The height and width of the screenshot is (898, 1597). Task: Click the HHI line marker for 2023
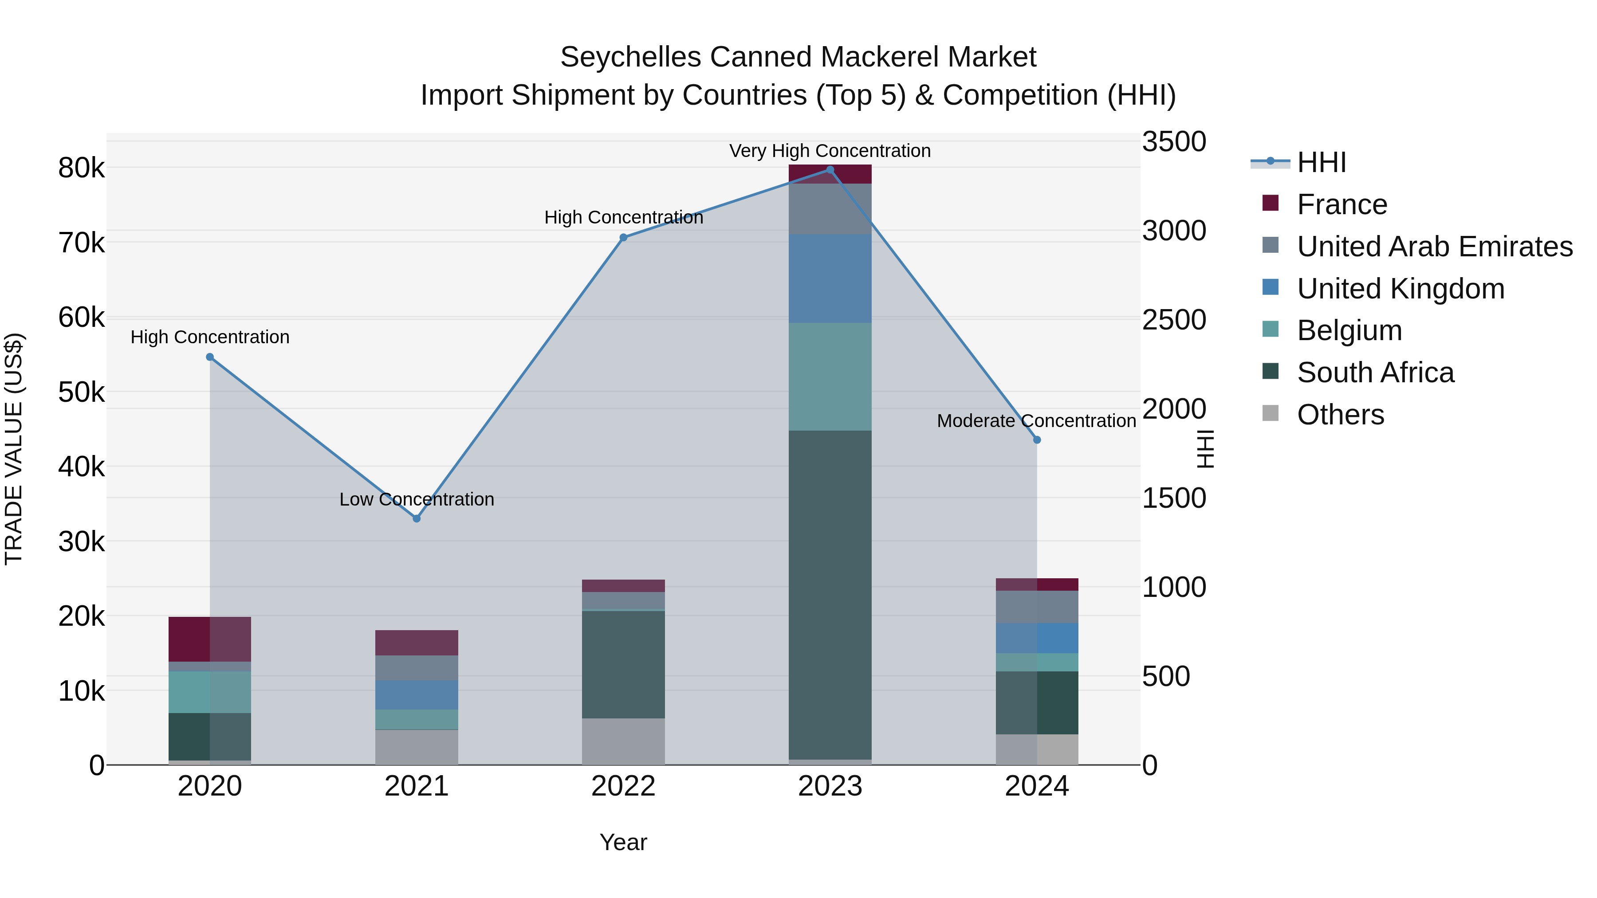point(830,170)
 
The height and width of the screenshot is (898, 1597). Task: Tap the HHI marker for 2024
point(1037,440)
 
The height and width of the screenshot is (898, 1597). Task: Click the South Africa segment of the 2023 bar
point(830,595)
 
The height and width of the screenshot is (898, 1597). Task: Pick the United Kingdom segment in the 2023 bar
point(830,279)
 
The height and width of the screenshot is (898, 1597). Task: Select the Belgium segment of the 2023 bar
point(830,377)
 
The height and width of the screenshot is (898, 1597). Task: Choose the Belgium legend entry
point(1349,330)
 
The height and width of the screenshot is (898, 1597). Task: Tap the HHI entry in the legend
point(1321,162)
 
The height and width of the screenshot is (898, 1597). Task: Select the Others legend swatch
point(1271,413)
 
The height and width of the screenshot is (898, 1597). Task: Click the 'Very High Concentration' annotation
point(830,151)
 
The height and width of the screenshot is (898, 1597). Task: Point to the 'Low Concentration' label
point(417,499)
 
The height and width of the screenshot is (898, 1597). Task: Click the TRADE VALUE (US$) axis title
point(14,449)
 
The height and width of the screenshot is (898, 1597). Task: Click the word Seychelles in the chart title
point(631,57)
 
